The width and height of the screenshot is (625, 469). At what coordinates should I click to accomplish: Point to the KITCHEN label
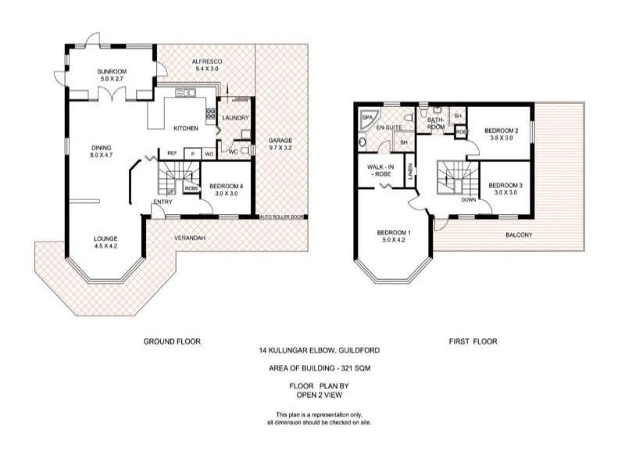[185, 128]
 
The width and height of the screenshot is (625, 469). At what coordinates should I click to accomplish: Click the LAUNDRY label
[235, 118]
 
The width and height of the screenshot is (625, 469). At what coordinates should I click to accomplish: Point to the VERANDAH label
[189, 238]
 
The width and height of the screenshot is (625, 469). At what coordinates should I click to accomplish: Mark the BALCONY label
[520, 234]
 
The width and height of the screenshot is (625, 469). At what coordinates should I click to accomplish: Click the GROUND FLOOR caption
[172, 342]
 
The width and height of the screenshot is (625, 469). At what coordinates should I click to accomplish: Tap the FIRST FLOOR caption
[473, 342]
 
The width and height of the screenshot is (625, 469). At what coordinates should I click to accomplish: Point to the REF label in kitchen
[171, 154]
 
